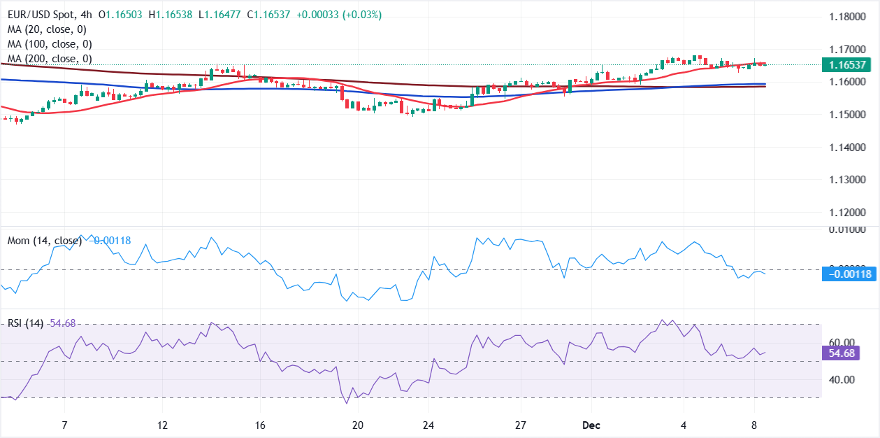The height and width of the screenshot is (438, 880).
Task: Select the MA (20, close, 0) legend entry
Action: coord(46,29)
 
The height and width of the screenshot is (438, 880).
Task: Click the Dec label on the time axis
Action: coord(592,425)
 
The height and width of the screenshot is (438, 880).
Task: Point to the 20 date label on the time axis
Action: coord(358,425)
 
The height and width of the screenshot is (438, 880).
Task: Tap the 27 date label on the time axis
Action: coord(521,425)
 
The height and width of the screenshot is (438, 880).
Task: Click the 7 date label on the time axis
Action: coord(64,425)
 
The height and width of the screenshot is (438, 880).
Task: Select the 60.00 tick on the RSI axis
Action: coord(842,343)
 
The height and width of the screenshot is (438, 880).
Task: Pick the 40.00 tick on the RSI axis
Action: coord(842,380)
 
